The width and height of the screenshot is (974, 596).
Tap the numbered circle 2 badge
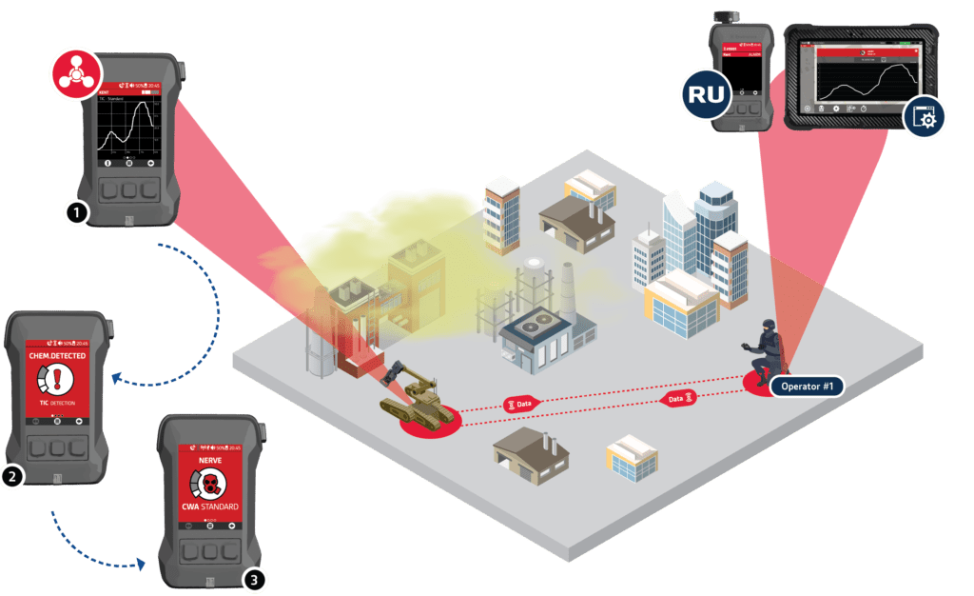[x=11, y=477]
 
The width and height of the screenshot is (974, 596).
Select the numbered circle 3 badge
[x=252, y=577]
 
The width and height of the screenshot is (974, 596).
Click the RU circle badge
[x=706, y=97]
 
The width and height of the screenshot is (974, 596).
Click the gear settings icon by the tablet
[x=924, y=119]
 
